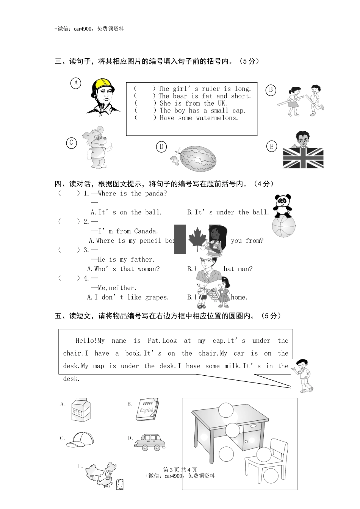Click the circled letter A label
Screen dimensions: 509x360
click(x=76, y=83)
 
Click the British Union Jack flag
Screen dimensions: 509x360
click(x=303, y=158)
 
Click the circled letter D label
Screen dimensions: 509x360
click(x=161, y=147)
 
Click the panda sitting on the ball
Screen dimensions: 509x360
click(x=283, y=206)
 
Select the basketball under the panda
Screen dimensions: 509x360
click(x=283, y=226)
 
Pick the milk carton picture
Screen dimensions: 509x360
click(x=81, y=409)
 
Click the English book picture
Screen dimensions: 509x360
click(x=147, y=409)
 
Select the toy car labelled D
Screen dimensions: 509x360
click(x=149, y=442)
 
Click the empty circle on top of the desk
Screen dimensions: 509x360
click(x=227, y=410)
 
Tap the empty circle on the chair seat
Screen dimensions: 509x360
click(x=264, y=454)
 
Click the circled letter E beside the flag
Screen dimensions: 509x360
click(x=272, y=147)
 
